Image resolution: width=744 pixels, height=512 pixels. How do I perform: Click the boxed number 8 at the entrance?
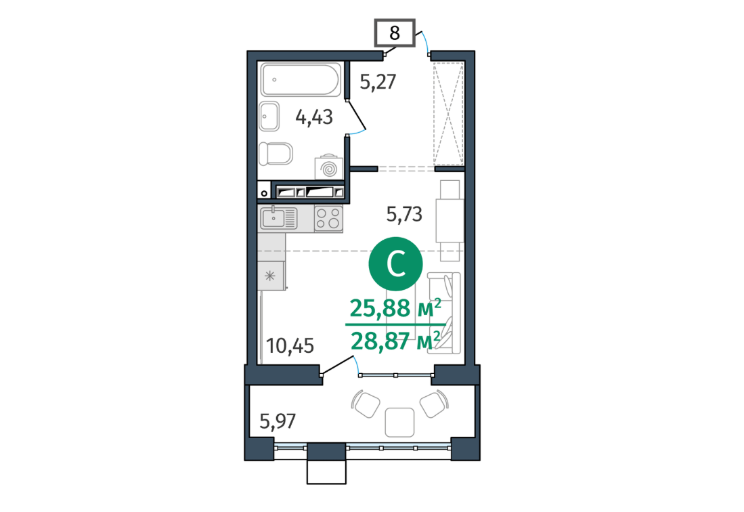coord(395,33)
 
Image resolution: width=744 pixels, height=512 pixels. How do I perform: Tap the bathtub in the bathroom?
coord(301,80)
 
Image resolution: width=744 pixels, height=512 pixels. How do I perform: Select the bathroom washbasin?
coord(269,116)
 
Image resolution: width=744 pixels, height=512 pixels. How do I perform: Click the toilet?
coord(276,153)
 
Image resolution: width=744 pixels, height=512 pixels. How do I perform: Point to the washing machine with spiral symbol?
coord(328,167)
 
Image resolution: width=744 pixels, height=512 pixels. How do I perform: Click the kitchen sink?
coord(278,218)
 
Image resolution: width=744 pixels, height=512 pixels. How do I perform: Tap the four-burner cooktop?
coord(328,218)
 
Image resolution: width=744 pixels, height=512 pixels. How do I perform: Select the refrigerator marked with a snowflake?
coord(271,276)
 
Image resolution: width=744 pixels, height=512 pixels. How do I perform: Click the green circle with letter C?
coord(395,264)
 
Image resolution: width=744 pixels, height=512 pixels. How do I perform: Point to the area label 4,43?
coord(314,116)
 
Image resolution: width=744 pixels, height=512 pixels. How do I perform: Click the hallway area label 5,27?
coord(378,82)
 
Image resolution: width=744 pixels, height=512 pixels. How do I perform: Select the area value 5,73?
coord(404,215)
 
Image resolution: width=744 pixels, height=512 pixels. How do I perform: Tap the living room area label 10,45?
coord(290,346)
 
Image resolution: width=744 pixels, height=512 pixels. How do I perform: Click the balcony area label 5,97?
coord(278,421)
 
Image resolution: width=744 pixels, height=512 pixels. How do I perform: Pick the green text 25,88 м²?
coord(395,308)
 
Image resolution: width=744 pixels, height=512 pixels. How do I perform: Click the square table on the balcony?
coord(399,423)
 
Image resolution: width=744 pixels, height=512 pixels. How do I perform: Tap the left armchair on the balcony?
coord(366,404)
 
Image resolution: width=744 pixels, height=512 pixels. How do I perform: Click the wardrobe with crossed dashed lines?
coord(448,113)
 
